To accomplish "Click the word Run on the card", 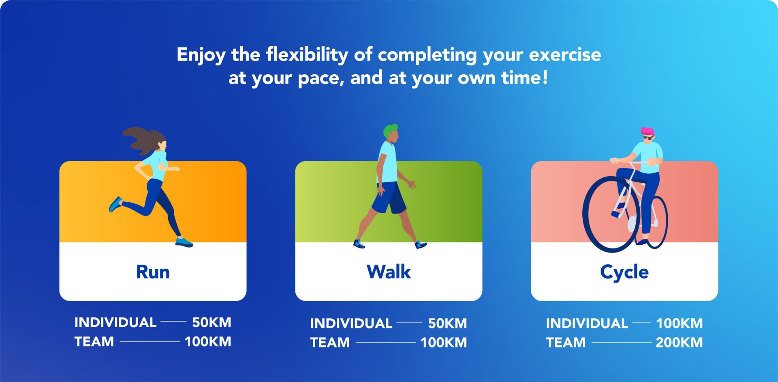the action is pos(153,272).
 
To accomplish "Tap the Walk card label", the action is pos(389,272).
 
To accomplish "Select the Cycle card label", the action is pos(624,272).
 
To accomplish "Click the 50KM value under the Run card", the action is pos(212,322).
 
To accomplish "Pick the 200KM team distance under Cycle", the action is pos(679,342).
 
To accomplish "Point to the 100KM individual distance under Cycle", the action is pos(680,323).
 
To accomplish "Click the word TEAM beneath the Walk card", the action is pos(330,342).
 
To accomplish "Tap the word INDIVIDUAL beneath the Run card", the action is pos(115,322).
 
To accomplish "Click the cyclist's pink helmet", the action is pos(648,132).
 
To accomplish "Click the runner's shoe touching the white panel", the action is pos(184,242).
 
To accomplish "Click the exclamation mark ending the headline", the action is pos(545,77).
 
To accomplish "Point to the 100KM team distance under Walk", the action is pos(443,342).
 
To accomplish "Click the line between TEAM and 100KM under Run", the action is pos(150,342).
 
